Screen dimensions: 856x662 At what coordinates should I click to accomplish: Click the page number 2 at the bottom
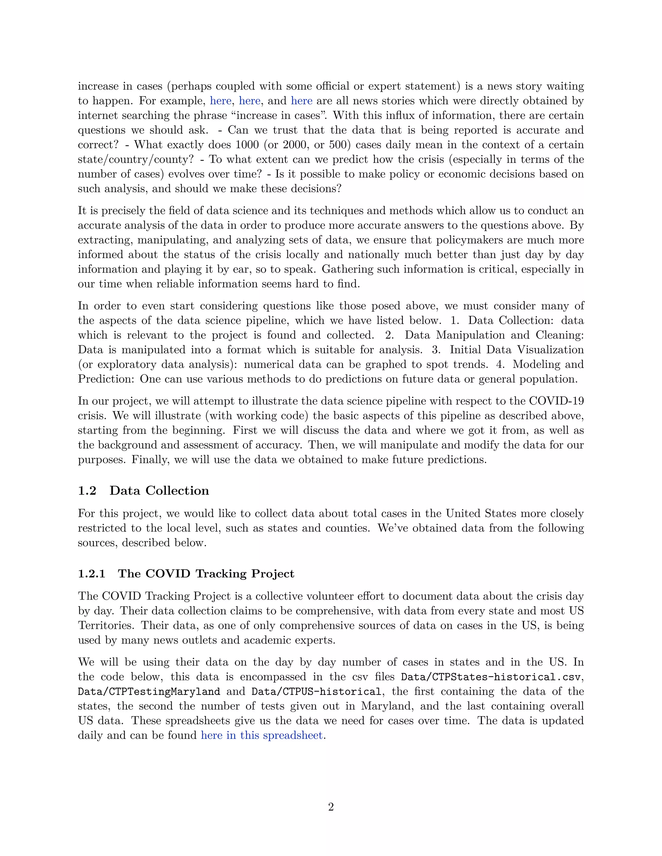331,807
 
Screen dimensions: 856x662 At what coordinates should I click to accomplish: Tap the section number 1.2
87,491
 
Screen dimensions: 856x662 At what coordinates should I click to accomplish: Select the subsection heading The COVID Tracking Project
206,574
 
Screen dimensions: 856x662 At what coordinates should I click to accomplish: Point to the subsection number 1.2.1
91,574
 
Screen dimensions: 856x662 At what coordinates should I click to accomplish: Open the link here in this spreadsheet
262,735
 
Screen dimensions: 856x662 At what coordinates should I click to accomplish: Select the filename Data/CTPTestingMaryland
149,691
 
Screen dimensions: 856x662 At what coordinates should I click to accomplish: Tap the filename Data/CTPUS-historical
316,691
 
